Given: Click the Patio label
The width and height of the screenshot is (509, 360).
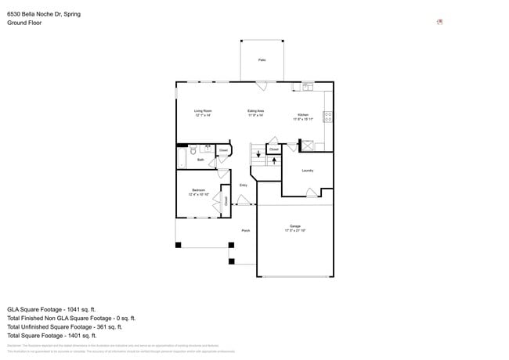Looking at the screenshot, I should coord(261,59).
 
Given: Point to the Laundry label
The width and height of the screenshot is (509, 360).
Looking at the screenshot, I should coord(308,170).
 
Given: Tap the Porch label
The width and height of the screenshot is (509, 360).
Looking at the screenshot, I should coord(245,231).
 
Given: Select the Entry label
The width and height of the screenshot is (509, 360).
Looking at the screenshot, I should coord(244,185).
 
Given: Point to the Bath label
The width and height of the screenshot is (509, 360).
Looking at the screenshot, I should coord(200,160).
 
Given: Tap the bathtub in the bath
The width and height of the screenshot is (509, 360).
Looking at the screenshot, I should coord(182,159).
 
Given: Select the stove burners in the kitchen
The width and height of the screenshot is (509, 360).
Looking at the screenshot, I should coord(327,117).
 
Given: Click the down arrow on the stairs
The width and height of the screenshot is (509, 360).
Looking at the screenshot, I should coord(259,153).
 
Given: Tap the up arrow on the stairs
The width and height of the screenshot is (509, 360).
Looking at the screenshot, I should coord(274,160).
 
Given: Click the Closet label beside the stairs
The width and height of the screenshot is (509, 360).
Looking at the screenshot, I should coord(274,149).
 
